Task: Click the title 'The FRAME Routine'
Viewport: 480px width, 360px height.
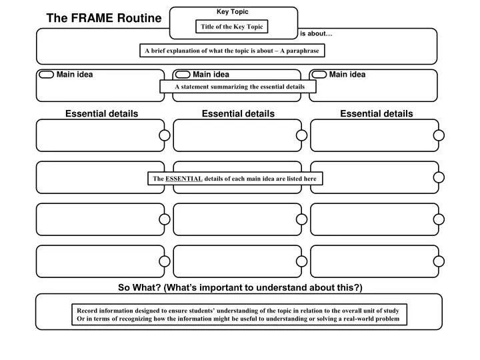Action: [x=103, y=19]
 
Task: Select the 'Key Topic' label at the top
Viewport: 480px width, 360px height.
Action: [x=232, y=11]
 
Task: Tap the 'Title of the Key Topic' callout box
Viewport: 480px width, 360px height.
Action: [x=232, y=27]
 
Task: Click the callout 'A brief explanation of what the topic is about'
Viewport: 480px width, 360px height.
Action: [x=232, y=51]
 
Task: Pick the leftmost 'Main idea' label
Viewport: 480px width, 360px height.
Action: [x=75, y=75]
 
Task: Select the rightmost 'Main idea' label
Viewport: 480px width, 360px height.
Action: [x=347, y=75]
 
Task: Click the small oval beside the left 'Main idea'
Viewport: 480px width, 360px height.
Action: [x=47, y=75]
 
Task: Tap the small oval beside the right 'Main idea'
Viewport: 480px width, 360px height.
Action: [x=319, y=75]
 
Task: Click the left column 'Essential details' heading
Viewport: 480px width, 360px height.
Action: [x=101, y=114]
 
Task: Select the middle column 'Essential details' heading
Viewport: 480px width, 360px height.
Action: [x=238, y=114]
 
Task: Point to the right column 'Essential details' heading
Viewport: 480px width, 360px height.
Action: [x=376, y=114]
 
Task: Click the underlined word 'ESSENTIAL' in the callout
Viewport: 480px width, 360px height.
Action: [x=184, y=179]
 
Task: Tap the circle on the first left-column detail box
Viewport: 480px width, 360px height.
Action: [x=165, y=136]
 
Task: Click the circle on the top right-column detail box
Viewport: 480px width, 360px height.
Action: [x=439, y=136]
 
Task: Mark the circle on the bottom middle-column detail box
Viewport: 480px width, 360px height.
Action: [x=302, y=261]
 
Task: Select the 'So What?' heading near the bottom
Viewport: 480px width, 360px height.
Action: [x=240, y=287]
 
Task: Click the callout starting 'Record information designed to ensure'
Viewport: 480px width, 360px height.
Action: [x=238, y=315]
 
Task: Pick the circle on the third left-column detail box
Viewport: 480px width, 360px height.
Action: [x=165, y=219]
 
